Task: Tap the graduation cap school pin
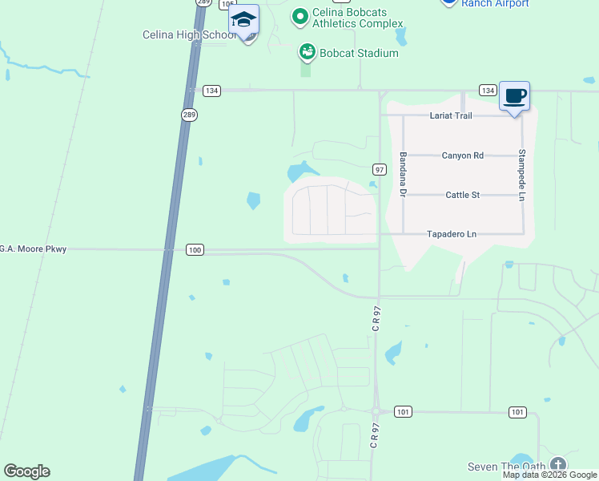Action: point(243,22)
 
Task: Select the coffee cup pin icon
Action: point(515,96)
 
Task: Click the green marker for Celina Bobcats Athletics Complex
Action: point(299,16)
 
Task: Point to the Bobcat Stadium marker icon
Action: point(307,53)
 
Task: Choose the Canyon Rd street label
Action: point(463,156)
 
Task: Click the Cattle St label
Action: point(462,195)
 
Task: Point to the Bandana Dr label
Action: point(403,176)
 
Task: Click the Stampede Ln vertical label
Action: point(521,175)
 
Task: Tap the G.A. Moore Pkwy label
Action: point(33,249)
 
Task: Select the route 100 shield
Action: point(195,250)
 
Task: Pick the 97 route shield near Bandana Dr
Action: point(380,169)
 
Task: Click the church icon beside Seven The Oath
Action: point(557,465)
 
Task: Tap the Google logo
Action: point(26,471)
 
